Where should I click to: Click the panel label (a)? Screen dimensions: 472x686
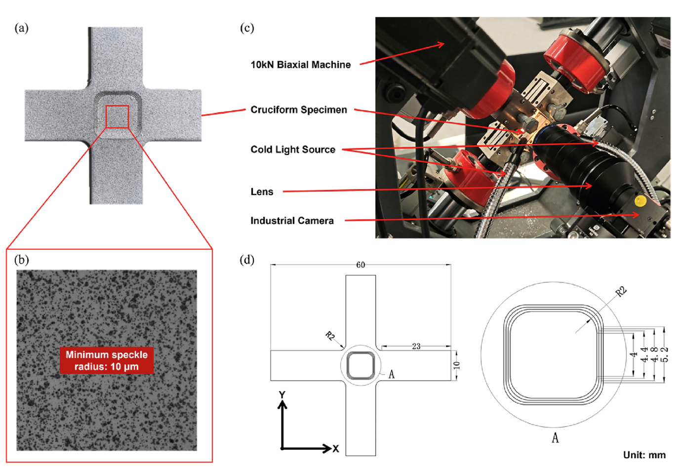tap(21, 28)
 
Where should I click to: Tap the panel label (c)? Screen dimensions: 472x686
tap(247, 28)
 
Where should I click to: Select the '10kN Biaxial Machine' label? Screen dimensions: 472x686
tap(300, 65)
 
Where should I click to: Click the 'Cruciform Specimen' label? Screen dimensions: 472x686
tap(298, 110)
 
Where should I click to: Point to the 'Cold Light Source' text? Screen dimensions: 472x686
tap(292, 150)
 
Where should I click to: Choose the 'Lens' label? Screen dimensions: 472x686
tap(261, 192)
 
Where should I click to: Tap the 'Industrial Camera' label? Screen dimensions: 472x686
tap(291, 221)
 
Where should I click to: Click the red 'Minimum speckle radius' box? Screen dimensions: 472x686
tap(106, 360)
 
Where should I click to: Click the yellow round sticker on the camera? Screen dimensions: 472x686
tap(640, 201)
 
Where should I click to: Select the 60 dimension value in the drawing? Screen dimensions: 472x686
tap(361, 265)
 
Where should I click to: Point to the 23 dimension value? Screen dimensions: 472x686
tap(416, 346)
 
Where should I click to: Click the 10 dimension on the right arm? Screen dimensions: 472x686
tap(457, 365)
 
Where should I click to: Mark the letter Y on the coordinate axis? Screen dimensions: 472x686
tap(282, 395)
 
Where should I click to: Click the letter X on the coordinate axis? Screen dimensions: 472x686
tap(336, 449)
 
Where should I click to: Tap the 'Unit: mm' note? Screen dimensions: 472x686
tap(644, 455)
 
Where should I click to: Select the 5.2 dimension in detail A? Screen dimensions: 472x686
tap(665, 354)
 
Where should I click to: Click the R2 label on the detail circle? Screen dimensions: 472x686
tap(621, 292)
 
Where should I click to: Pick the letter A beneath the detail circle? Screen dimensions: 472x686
tap(555, 438)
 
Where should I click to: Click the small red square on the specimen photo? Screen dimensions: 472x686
tap(117, 117)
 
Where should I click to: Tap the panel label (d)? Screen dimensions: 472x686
tap(247, 260)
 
